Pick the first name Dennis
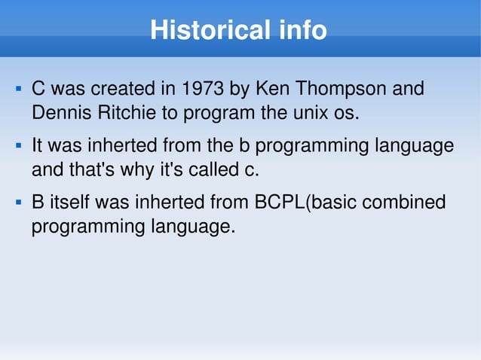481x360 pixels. coord(59,114)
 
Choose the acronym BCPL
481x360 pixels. coord(277,203)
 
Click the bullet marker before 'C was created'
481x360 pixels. coord(17,90)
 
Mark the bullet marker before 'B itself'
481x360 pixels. coord(17,203)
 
